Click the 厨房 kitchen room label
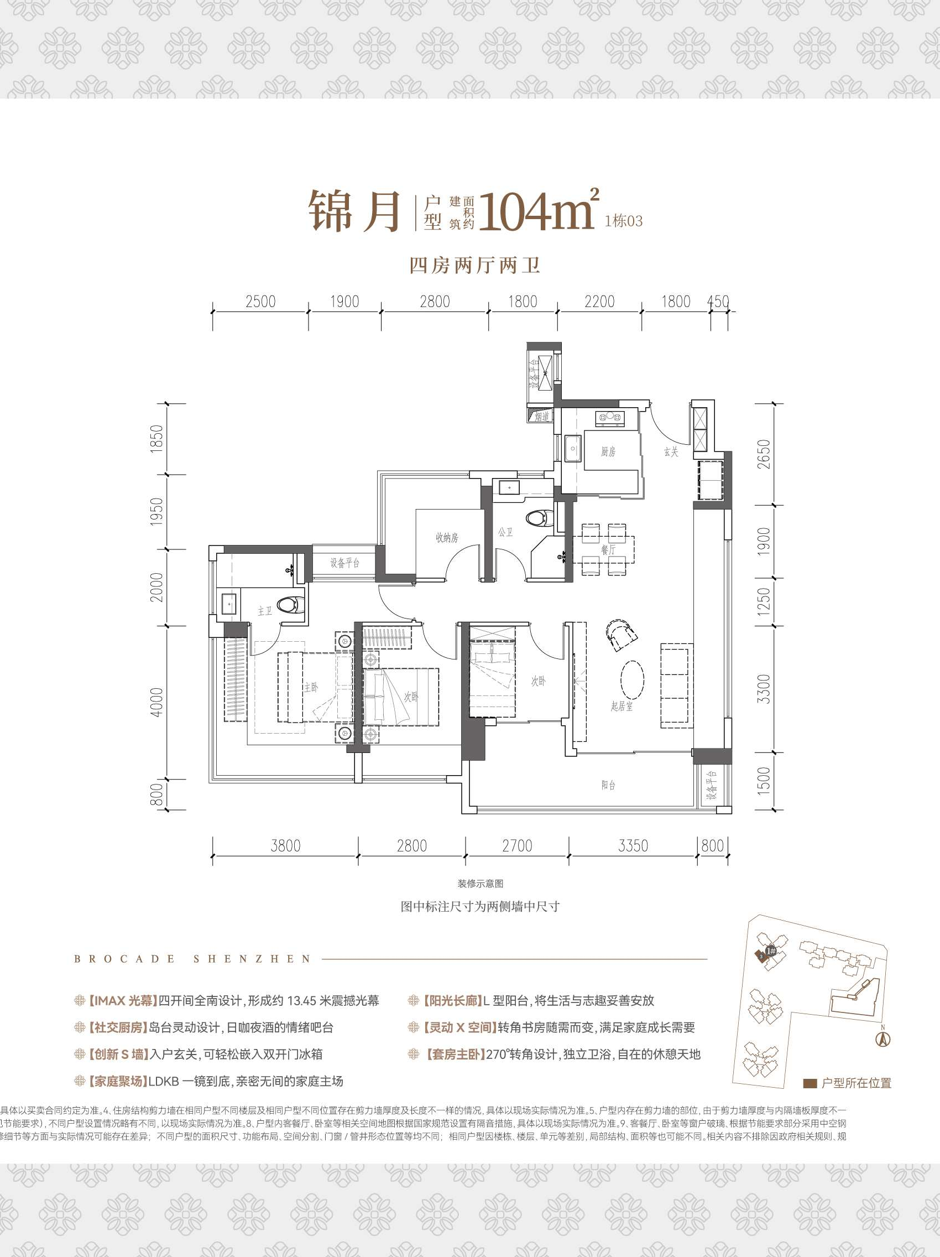(x=608, y=452)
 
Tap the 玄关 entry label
(x=671, y=452)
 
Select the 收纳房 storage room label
(x=446, y=538)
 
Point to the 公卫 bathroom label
(x=505, y=532)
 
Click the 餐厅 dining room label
(x=608, y=549)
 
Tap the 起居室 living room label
(x=622, y=707)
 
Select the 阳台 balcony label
(x=608, y=785)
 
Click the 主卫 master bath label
(x=265, y=611)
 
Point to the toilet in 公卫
(x=537, y=518)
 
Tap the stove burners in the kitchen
(x=609, y=419)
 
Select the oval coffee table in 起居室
(x=631, y=679)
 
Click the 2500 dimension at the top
(x=260, y=302)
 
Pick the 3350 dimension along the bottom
(x=633, y=846)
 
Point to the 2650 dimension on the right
(x=764, y=454)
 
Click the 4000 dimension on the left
(x=157, y=702)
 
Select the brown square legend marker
(x=810, y=1084)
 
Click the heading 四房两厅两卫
(x=474, y=266)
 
